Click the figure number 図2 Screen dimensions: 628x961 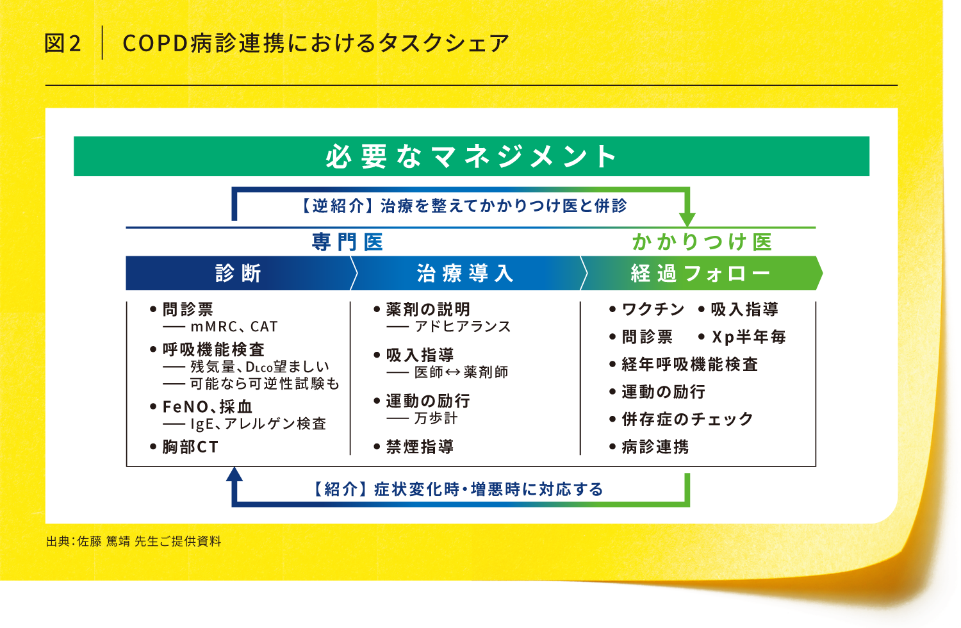pos(63,44)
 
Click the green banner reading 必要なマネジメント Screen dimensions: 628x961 pos(471,156)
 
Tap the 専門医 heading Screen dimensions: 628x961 pos(347,242)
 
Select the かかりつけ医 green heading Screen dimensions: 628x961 pos(702,242)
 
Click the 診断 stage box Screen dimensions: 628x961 pos(238,274)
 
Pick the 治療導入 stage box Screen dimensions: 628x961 pos(465,274)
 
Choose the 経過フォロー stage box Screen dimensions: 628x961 pos(700,274)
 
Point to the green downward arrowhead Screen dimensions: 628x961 pos(687,218)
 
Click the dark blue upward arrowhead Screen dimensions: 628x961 pos(234,474)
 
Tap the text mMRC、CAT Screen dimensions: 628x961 pos(234,327)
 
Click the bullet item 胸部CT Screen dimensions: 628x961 pos(190,447)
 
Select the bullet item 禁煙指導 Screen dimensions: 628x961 pos(420,447)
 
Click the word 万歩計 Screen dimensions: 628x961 pos(436,418)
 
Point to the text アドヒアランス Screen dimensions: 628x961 pos(463,327)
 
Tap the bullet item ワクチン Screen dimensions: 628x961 pos(653,310)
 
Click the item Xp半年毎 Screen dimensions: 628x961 pos(748,337)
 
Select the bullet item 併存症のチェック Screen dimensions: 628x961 pos(687,419)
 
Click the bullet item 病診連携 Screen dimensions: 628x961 pos(655,447)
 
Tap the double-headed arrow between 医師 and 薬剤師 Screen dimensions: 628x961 pos(453,372)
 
